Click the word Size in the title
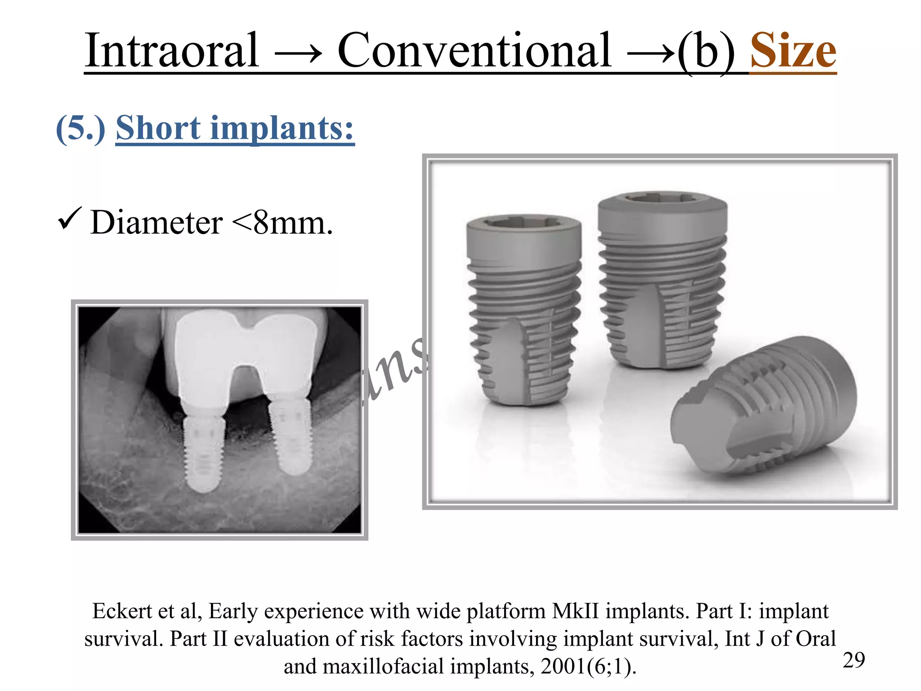(x=793, y=50)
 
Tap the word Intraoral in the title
(x=172, y=50)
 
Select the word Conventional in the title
(x=474, y=50)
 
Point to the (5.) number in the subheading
(x=80, y=129)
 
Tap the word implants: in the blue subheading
(x=282, y=129)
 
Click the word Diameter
(x=156, y=223)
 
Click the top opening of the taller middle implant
(x=662, y=198)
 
